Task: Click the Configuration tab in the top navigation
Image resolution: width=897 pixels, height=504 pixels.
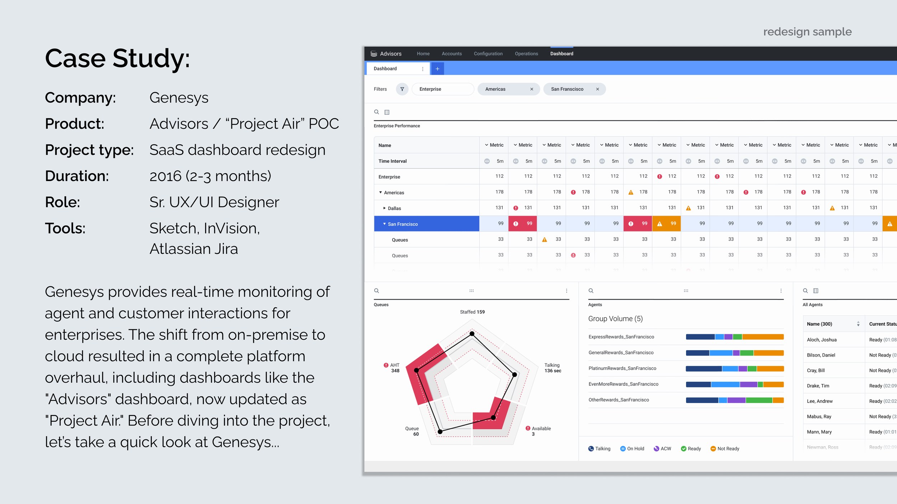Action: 488,53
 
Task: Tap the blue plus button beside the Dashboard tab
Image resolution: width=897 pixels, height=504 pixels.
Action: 437,68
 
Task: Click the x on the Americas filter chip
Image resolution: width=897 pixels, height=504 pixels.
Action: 532,89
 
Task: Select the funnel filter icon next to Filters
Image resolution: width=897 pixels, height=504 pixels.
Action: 402,89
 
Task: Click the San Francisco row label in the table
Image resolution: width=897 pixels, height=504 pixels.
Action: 403,224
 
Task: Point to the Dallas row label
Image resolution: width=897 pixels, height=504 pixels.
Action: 394,208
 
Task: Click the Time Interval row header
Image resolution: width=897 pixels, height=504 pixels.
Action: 393,161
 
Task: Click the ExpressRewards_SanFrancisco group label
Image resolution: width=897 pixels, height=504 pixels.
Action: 621,337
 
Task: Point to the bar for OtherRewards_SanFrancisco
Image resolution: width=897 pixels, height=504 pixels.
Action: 734,400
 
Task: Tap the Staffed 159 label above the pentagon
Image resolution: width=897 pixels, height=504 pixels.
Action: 472,312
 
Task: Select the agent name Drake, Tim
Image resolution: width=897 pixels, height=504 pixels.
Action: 818,386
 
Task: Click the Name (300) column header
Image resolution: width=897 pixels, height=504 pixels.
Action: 819,324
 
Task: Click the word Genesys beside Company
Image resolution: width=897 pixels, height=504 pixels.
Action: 179,98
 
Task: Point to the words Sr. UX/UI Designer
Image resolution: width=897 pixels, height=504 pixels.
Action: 214,202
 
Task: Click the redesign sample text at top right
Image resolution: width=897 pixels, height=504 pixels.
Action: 807,32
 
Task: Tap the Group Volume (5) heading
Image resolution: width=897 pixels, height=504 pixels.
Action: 615,319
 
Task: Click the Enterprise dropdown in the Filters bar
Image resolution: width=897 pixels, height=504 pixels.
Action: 443,89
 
